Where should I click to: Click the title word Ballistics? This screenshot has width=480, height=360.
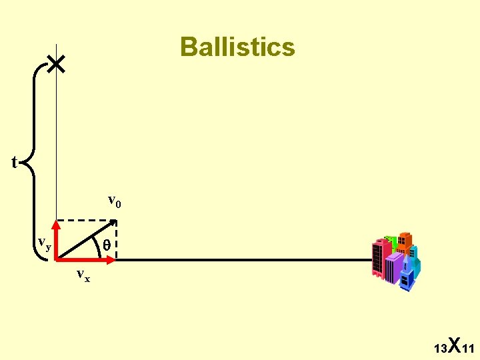pos(237,47)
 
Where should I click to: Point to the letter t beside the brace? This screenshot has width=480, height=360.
pos(15,162)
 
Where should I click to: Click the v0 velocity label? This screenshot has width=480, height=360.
pos(115,201)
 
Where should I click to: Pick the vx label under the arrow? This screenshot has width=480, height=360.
pos(83,274)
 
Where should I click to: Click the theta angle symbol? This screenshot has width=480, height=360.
pos(107,245)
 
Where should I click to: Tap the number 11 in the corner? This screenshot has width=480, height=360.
pos(467,349)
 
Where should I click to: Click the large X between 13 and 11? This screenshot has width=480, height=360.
pos(453,345)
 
